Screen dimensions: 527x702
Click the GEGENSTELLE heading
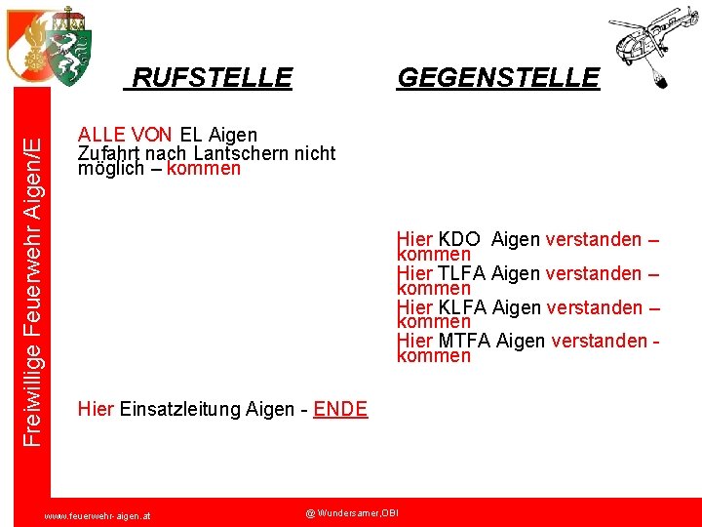click(x=497, y=77)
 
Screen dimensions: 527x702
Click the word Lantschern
click(x=229, y=153)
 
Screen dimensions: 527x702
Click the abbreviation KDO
click(x=459, y=239)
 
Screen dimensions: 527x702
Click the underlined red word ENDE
click(x=340, y=409)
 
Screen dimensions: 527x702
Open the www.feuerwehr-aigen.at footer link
click(x=104, y=514)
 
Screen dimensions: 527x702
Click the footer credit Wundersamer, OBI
click(x=352, y=512)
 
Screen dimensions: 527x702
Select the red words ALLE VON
click(x=126, y=135)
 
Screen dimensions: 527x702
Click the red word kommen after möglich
click(x=204, y=168)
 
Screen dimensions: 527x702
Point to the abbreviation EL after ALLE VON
click(x=191, y=135)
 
